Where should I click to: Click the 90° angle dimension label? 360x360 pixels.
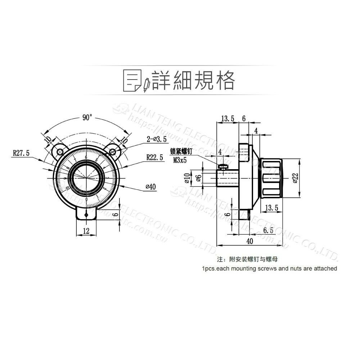coord(87,118)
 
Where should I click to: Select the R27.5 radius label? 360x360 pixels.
coord(22,153)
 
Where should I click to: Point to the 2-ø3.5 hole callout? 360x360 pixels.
coord(157,139)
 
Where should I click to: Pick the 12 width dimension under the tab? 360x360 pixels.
coord(86,231)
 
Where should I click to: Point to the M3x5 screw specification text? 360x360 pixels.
coord(180,160)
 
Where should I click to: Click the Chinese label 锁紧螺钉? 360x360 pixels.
coord(182,153)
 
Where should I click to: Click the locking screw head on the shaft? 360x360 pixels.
coord(224,166)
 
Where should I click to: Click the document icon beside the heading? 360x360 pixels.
coord(132,80)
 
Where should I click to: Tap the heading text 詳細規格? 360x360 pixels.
coord(193,80)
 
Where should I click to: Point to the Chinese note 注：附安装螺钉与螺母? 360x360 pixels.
coord(248,259)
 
